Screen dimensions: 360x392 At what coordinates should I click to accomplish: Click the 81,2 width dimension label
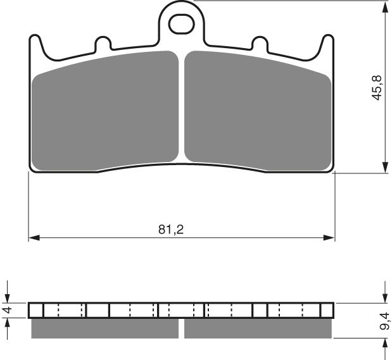pyautogui.click(x=170, y=230)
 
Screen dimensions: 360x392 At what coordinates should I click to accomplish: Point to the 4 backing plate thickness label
pyautogui.click(x=8, y=310)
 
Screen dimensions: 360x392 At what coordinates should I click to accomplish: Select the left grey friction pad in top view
pyautogui.click(x=106, y=111)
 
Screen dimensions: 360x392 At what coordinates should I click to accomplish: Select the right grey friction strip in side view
pyautogui.click(x=258, y=328)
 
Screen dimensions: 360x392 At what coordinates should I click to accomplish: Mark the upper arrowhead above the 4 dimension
pyautogui.click(x=8, y=297)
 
